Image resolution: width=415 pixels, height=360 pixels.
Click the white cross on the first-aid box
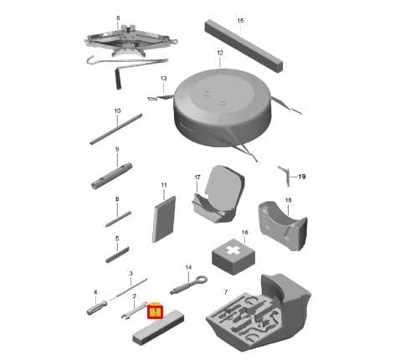[233, 250]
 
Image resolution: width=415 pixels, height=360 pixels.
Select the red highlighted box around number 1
[155, 311]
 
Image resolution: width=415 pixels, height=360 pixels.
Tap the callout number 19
[302, 177]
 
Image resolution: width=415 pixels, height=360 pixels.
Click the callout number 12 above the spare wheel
[220, 53]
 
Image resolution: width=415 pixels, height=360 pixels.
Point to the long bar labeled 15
[243, 46]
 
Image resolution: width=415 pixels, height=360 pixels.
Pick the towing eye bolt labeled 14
[188, 285]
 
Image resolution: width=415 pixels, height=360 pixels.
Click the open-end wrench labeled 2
[133, 311]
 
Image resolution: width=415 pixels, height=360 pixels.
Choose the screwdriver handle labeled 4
[97, 307]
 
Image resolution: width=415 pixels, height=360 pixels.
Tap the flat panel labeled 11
[164, 219]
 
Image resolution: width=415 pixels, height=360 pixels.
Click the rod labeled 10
[115, 129]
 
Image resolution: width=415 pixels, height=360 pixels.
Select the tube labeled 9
[111, 176]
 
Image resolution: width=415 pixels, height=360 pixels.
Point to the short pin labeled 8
[118, 219]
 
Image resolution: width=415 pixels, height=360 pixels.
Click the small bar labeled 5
[117, 255]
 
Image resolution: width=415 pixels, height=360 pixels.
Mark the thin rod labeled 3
[129, 289]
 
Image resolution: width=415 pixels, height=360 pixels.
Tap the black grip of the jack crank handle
[118, 80]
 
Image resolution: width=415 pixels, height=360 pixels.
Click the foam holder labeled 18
[283, 225]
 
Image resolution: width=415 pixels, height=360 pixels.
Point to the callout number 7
[226, 292]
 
